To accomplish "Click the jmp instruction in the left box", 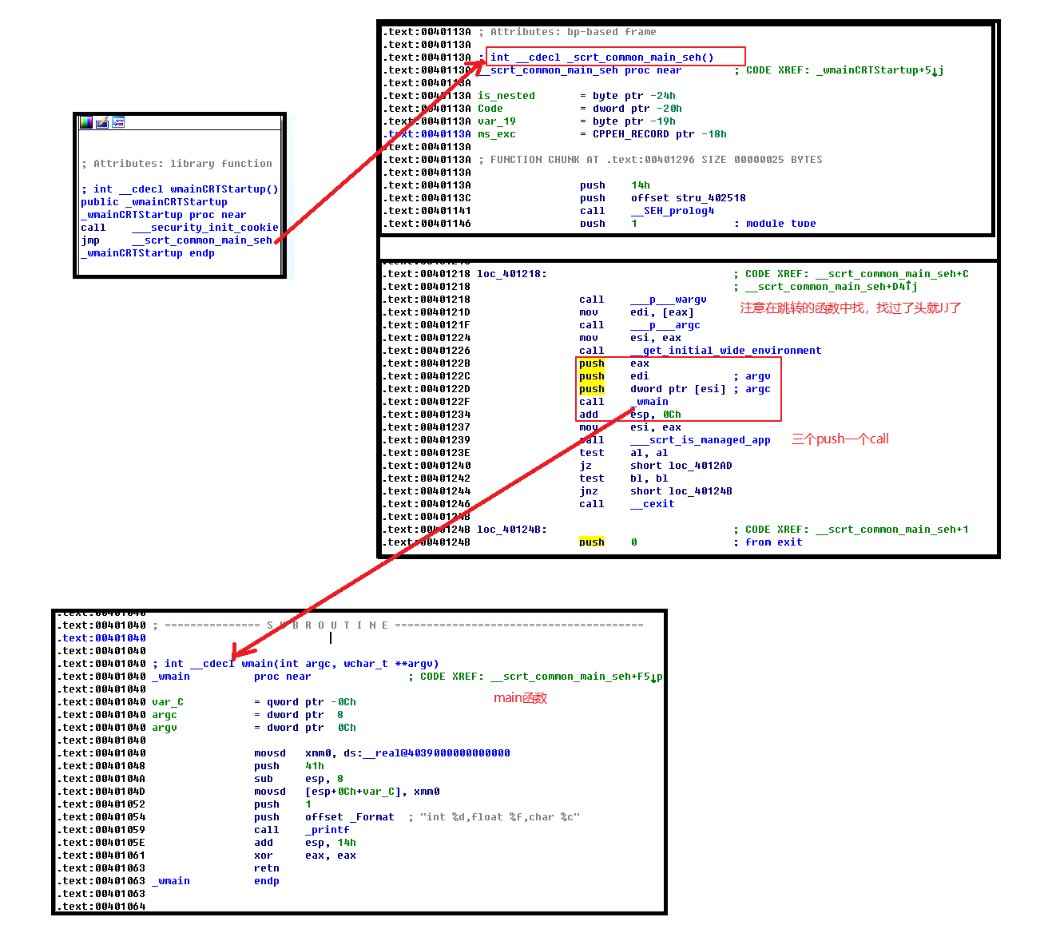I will (90, 240).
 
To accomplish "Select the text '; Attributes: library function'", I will (177, 164).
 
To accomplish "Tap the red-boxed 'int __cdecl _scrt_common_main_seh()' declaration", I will (601, 58).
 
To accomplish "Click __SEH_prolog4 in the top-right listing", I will (673, 211).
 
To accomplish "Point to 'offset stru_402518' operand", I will (688, 198).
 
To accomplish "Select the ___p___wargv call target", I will (668, 300).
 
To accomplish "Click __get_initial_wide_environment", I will (725, 351).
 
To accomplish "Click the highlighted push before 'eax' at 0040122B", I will (592, 363).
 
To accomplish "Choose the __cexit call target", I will (652, 504).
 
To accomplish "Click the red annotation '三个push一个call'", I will (840, 439).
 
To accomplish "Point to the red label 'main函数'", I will (520, 698).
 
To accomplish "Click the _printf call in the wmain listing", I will (328, 830).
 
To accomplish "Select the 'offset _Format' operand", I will (349, 817).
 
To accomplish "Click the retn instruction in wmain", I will (267, 868).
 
